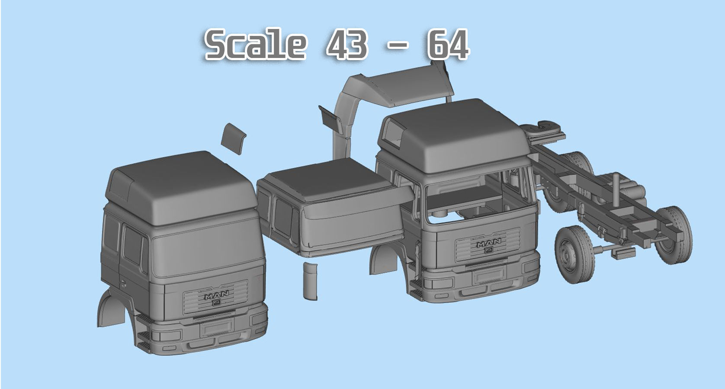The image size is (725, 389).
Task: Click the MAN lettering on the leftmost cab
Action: pyautogui.click(x=216, y=296)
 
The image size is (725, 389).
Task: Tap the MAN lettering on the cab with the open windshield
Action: pyautogui.click(x=489, y=244)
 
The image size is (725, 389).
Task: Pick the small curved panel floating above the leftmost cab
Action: pyautogui.click(x=233, y=138)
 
